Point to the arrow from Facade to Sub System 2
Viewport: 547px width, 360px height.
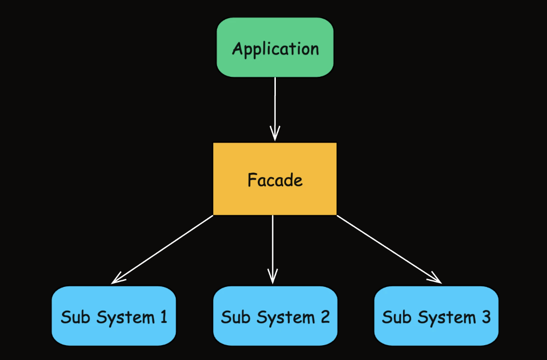(273, 245)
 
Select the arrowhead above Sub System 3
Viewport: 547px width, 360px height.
(436, 279)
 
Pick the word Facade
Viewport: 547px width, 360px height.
(275, 180)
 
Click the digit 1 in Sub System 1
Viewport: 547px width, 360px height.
(163, 317)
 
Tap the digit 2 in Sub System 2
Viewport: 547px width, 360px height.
(325, 317)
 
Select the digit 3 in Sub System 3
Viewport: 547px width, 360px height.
(485, 317)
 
